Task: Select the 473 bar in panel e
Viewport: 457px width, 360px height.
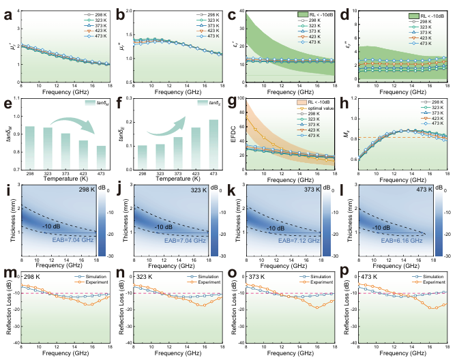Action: [101, 151]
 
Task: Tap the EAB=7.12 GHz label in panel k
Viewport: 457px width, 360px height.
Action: [295, 239]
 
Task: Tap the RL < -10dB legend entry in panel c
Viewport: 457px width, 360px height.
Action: [320, 14]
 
